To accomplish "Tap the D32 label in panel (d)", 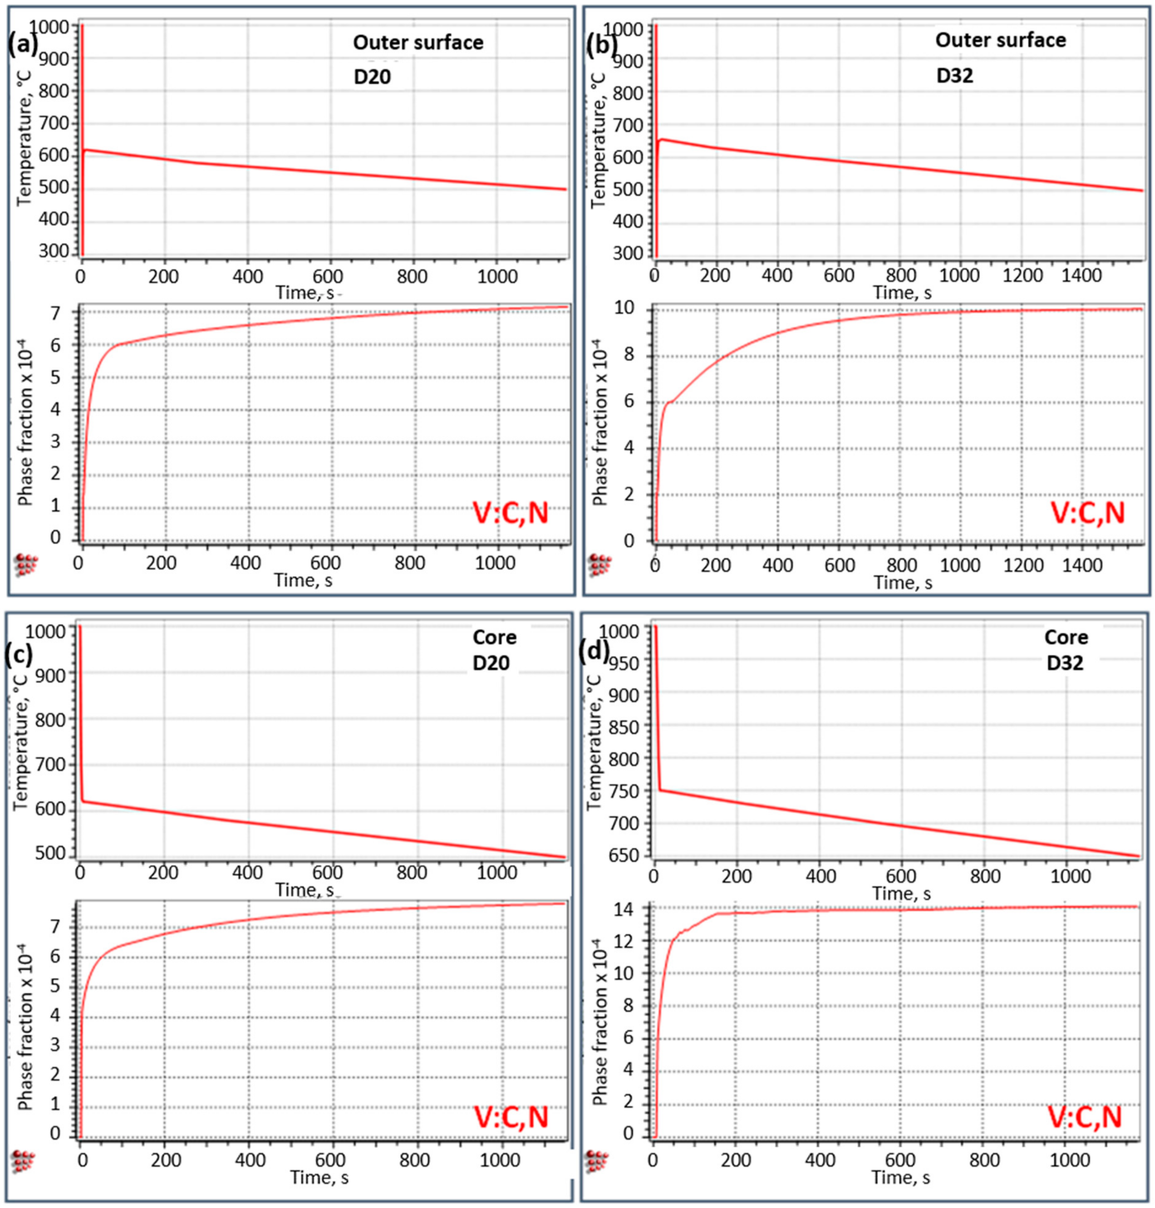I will pos(1065,663).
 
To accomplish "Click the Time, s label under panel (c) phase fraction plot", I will pos(319,1178).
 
